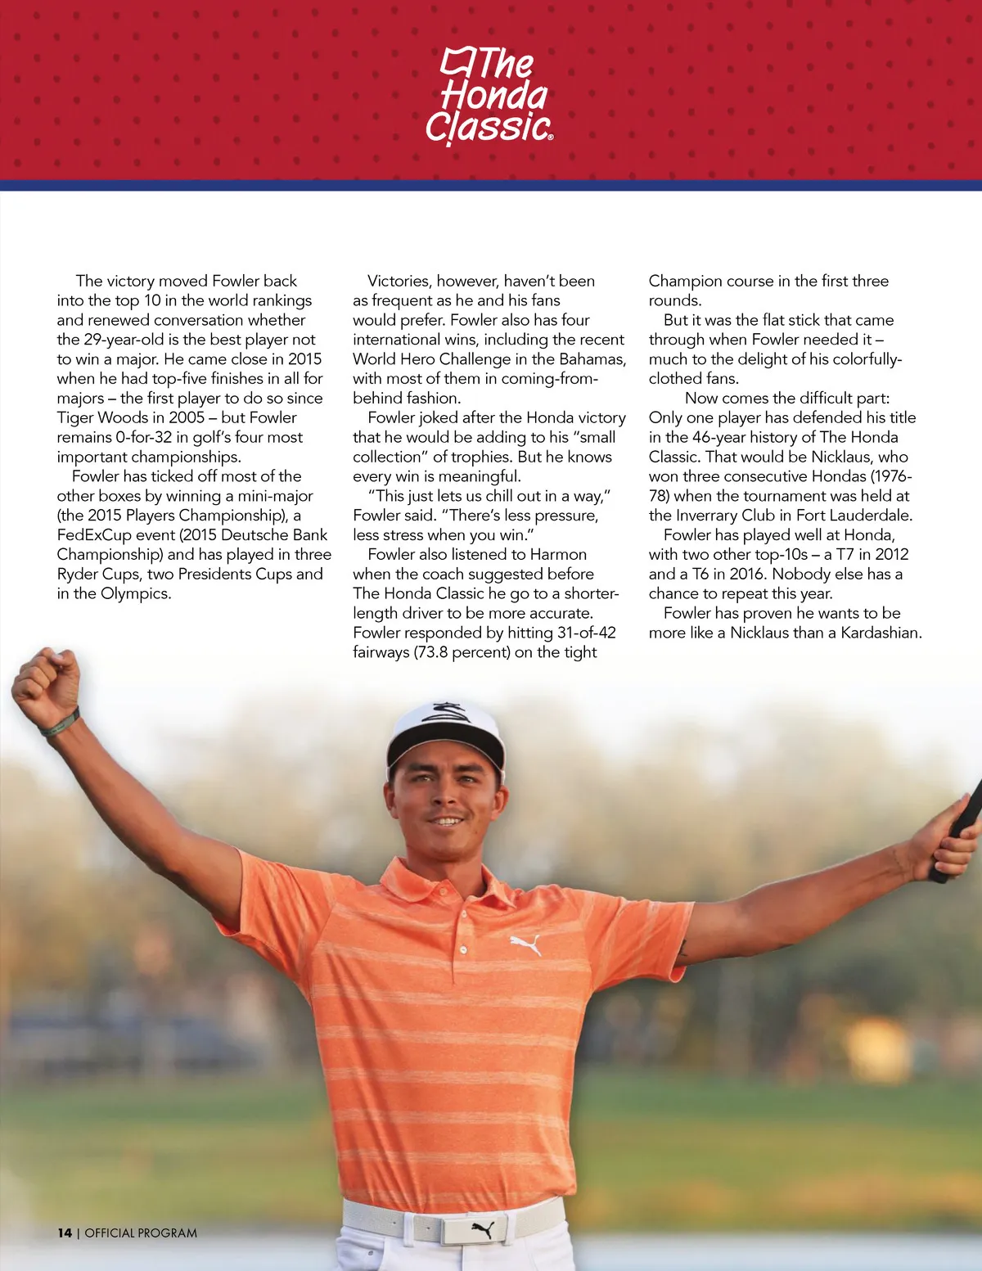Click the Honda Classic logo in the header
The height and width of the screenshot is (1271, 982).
click(x=489, y=97)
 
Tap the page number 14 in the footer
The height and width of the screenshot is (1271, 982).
click(x=65, y=1233)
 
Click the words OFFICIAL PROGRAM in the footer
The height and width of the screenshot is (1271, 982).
click(x=141, y=1233)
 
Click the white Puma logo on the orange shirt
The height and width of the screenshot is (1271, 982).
click(x=525, y=945)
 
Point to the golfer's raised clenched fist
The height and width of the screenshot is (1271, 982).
click(x=47, y=678)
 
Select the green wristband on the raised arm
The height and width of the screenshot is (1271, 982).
click(x=61, y=723)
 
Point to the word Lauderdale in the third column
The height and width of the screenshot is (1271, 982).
click(x=870, y=516)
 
